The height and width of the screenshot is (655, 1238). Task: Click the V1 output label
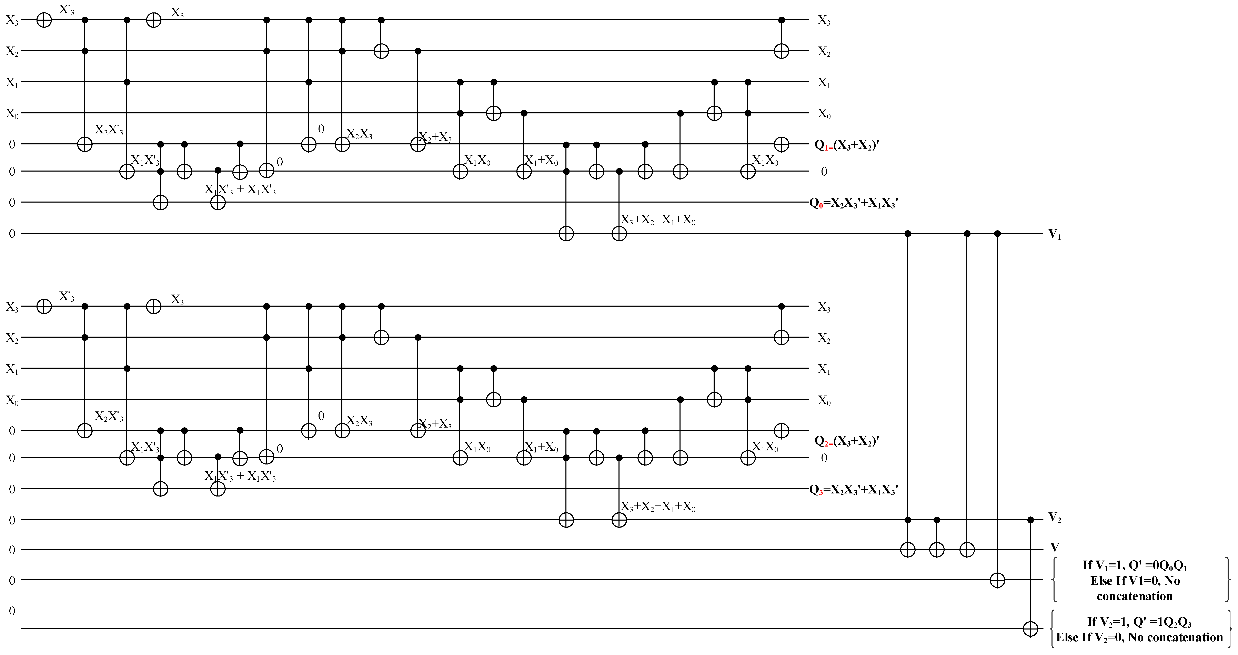click(1054, 235)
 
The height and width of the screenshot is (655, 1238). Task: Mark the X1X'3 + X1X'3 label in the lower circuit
click(240, 476)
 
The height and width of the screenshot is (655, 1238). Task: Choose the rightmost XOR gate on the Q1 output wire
click(782, 144)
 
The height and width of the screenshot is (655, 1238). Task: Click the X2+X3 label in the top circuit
click(435, 137)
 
